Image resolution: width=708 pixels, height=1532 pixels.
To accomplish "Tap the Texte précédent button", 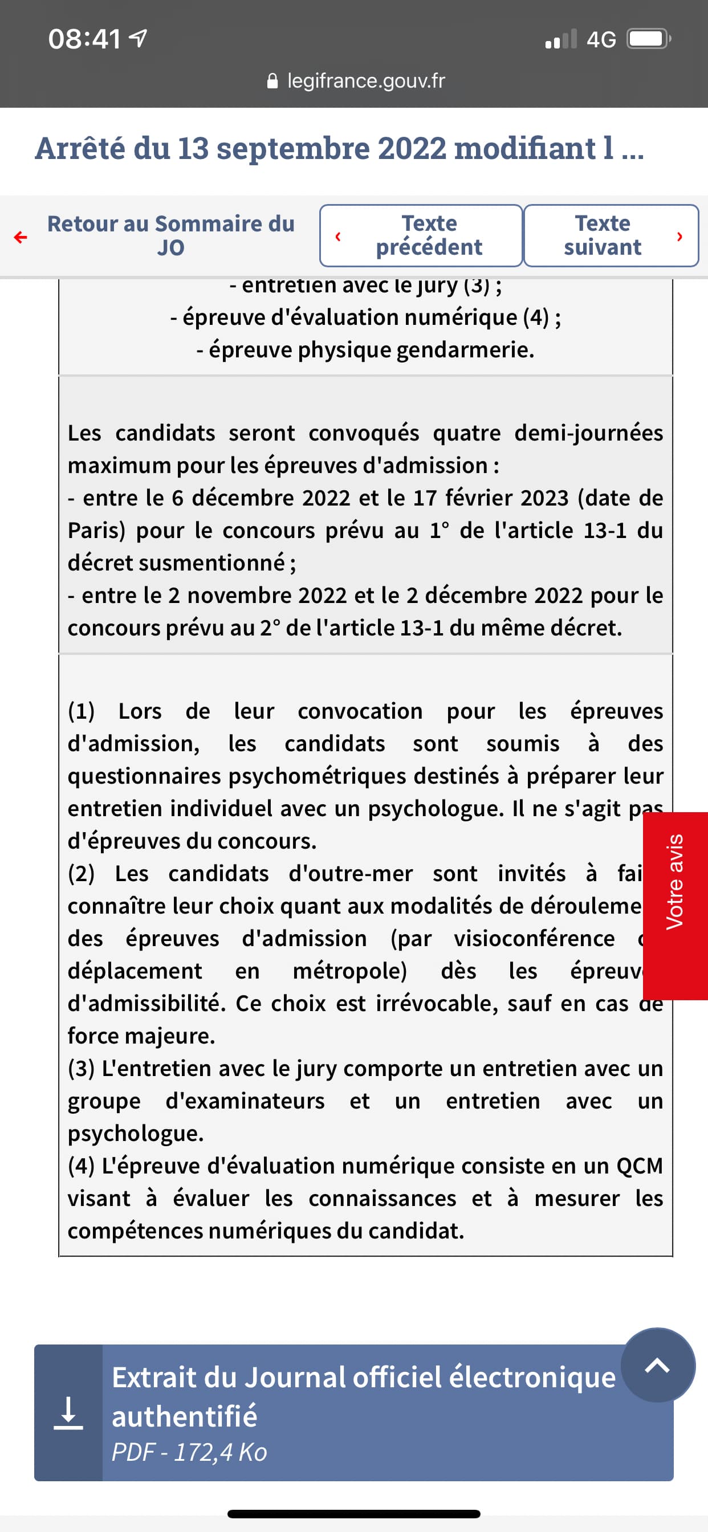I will click(421, 235).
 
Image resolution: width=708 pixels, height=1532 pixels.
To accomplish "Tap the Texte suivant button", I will click(611, 235).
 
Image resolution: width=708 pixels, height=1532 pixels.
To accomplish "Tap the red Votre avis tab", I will click(676, 881).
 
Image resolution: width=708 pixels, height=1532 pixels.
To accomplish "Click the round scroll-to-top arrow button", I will click(657, 1365).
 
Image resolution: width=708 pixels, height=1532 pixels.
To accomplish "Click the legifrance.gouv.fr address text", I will click(365, 80).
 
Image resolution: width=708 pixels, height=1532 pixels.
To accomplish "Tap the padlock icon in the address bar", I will click(272, 80).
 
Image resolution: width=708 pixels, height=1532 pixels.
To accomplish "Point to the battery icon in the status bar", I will click(649, 39).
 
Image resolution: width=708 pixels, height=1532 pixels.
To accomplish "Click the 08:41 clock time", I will click(84, 39).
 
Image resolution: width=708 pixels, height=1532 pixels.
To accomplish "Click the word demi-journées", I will click(588, 433).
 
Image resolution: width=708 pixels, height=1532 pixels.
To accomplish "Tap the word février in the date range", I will click(478, 498).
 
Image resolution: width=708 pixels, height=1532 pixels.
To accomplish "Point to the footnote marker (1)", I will click(81, 711).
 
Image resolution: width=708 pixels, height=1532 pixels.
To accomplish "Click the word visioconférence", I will click(534, 939).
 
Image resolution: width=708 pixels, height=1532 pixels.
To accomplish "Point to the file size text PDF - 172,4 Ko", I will click(189, 1452).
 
